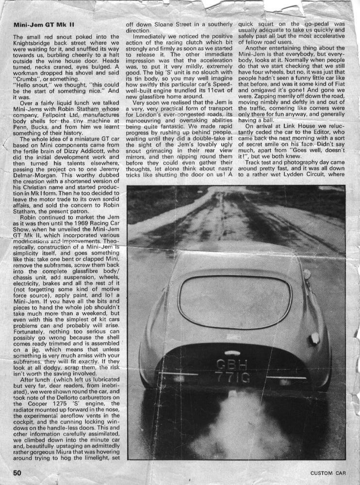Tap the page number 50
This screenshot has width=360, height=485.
(x=18, y=472)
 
